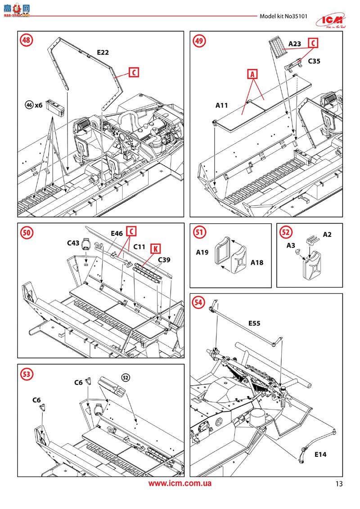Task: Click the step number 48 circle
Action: click(27, 40)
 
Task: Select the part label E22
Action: click(103, 53)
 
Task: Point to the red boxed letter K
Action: click(155, 248)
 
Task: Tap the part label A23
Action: click(294, 44)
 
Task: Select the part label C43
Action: click(73, 243)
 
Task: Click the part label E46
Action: click(117, 234)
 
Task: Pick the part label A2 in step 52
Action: click(327, 234)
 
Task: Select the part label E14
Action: click(320, 455)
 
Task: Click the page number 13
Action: click(339, 484)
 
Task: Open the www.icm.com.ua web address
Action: click(180, 484)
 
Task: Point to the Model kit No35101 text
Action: click(283, 16)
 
